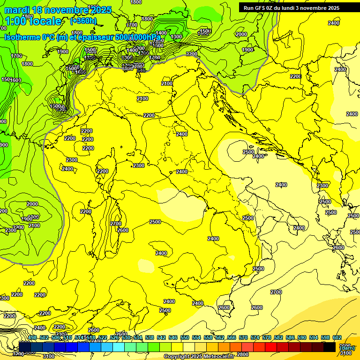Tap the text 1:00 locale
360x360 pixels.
(x=34, y=21)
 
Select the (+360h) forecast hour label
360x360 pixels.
(x=83, y=21)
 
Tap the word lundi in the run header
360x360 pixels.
(x=296, y=7)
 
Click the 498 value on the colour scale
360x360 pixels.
(x=32, y=338)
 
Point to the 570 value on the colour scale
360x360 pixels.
(x=243, y=338)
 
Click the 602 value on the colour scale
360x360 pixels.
(x=337, y=338)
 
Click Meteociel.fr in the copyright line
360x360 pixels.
(x=215, y=357)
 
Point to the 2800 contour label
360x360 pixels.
(x=242, y=354)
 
